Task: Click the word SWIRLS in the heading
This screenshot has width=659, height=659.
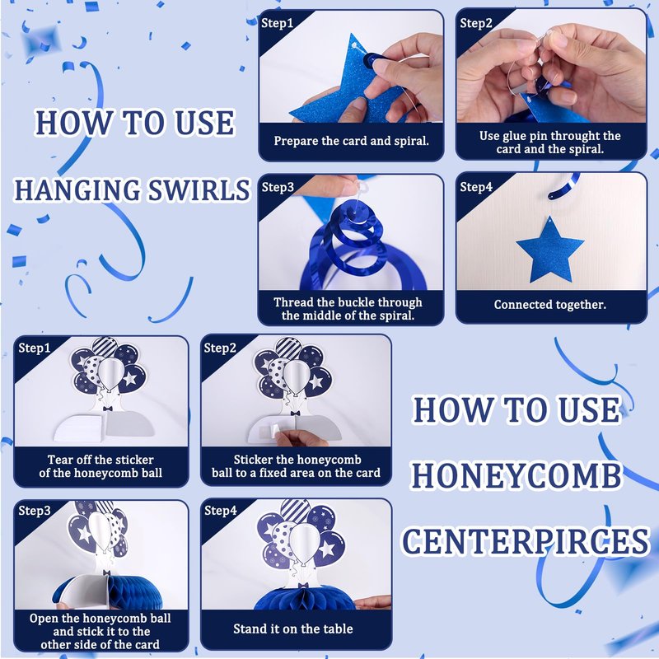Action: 199,190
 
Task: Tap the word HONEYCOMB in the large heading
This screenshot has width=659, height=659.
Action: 516,476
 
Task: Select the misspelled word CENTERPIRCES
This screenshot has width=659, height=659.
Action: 526,541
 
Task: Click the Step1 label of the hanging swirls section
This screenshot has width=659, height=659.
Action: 277,23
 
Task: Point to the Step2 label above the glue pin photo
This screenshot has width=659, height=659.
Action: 476,23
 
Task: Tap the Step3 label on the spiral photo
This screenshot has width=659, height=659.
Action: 278,187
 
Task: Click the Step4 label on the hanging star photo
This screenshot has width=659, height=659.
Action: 476,187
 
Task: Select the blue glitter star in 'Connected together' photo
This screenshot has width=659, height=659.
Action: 550,251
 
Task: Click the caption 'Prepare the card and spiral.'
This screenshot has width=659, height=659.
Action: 352,141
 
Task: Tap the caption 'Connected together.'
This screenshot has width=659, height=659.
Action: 550,304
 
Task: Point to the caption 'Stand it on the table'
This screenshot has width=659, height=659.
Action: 293,629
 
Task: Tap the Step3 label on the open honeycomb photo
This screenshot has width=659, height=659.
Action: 35,511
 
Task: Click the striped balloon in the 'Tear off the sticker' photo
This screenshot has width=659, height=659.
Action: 105,347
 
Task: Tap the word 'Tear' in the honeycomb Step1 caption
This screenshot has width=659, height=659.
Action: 58,460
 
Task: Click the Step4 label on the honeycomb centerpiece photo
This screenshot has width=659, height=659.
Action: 221,511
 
